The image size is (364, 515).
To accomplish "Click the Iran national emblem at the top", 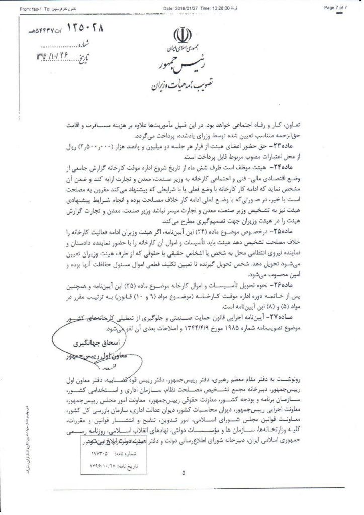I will (x=181, y=36).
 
